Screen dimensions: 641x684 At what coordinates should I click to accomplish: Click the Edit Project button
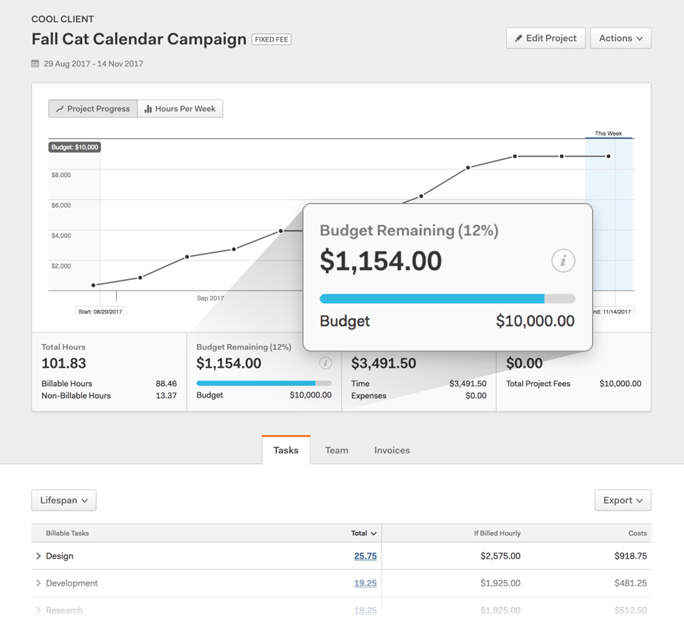pos(546,38)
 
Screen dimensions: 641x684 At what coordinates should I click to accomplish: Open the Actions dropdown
pos(621,38)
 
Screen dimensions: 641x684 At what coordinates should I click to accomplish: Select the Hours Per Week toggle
pos(180,109)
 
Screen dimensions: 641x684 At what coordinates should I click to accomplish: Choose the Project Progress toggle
pos(93,109)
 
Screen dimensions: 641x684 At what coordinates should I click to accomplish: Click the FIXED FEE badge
pos(271,40)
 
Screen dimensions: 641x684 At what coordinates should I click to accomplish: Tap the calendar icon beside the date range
pos(36,63)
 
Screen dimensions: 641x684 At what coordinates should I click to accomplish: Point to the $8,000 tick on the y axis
pos(61,175)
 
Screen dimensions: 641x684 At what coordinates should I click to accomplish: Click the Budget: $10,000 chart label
pos(75,147)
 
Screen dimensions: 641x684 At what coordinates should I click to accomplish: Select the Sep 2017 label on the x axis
pos(210,298)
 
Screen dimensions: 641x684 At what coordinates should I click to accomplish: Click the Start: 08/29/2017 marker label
pos(100,311)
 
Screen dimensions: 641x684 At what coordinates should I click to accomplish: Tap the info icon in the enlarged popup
pos(563,261)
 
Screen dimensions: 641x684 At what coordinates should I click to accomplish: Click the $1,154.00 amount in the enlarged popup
pos(380,261)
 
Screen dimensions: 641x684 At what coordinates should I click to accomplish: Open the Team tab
pos(336,450)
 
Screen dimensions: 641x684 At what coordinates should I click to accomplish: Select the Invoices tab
pos(392,450)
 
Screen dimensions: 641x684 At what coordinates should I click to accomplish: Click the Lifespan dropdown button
pos(64,501)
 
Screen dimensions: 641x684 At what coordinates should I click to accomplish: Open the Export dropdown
pos(623,501)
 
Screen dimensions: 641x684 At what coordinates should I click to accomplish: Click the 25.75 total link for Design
pos(366,556)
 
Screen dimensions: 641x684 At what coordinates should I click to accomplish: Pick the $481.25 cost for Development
pos(631,583)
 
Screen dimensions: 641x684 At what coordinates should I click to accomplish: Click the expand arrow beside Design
pos(38,556)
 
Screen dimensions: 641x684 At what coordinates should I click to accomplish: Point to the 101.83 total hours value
pos(64,363)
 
